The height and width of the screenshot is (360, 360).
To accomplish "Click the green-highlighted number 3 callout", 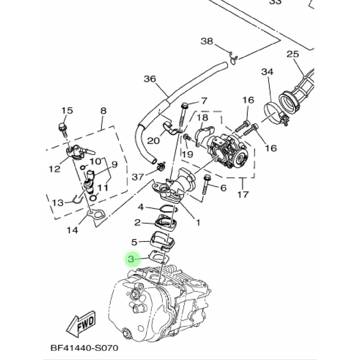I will coord(131,260).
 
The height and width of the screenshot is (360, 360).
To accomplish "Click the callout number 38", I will coord(207,41).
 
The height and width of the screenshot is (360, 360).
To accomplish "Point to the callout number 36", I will coord(150,79).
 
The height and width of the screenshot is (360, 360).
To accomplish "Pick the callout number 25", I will coord(292,54).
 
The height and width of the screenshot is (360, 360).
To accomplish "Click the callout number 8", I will coord(103,111).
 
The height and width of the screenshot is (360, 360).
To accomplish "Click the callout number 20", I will coord(153,141).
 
